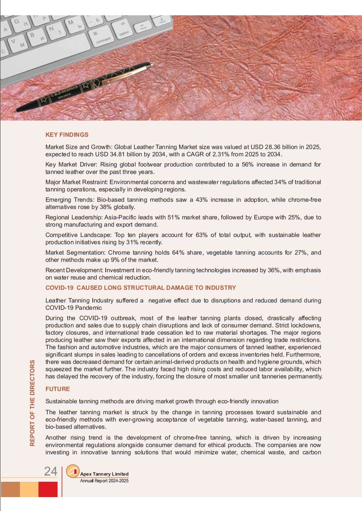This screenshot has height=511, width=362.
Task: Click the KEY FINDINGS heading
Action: tap(67, 135)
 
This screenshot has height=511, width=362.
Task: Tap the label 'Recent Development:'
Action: tap(74, 270)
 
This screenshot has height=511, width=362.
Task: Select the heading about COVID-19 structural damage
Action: tap(141, 288)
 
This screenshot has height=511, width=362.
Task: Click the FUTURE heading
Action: tap(58, 389)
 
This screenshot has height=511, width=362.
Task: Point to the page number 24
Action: tap(51, 472)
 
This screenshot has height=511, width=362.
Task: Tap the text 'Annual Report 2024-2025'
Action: tap(104, 481)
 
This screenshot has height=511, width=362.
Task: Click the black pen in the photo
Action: tap(84, 87)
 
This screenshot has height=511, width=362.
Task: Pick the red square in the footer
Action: tap(48, 489)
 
